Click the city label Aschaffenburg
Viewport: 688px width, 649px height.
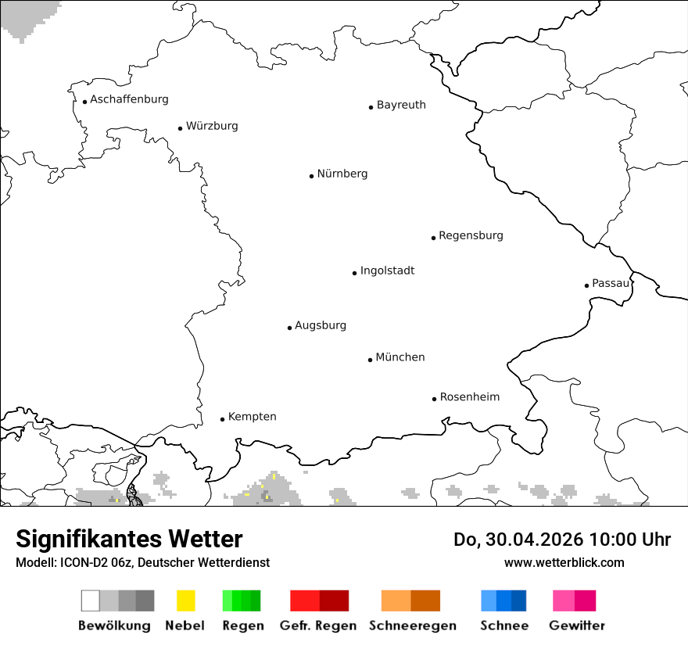tap(129, 99)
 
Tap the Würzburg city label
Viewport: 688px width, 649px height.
tap(212, 126)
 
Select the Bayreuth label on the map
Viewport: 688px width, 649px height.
tap(401, 105)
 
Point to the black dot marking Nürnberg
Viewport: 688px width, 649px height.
tap(311, 176)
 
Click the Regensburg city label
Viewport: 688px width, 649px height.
tap(471, 235)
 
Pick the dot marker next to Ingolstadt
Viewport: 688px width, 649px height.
tap(354, 273)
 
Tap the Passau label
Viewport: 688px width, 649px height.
tap(611, 283)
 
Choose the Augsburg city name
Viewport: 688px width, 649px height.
tap(321, 325)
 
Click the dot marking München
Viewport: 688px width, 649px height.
tap(370, 360)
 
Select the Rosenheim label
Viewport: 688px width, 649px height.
tap(469, 396)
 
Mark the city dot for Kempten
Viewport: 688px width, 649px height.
tap(222, 419)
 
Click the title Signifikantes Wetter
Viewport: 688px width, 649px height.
tap(129, 540)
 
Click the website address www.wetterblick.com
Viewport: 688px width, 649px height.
tap(564, 562)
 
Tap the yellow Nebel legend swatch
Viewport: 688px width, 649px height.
tap(185, 601)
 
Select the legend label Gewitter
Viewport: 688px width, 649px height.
tap(577, 626)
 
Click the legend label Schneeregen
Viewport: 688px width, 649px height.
tap(413, 626)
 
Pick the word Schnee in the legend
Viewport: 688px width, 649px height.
tap(504, 626)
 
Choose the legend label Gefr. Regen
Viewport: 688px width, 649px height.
tap(318, 626)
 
